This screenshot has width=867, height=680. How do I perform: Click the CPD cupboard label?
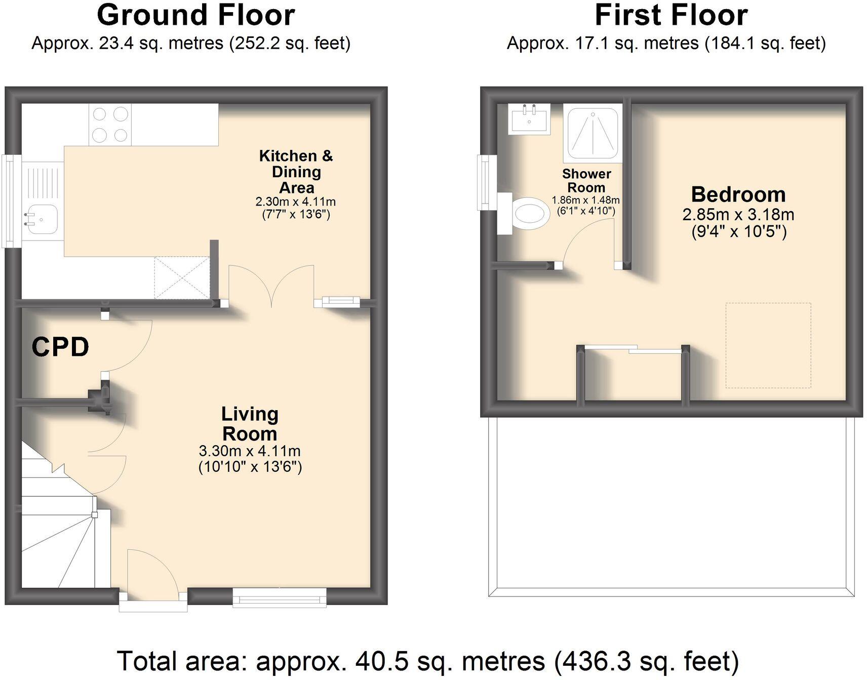coord(60,347)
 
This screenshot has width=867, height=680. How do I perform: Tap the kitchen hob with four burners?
coord(110,125)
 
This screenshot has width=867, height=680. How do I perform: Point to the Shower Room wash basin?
coord(529,119)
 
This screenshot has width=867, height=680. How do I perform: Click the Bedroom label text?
coord(738,194)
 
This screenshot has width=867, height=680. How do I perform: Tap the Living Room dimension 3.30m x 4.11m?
coord(250,450)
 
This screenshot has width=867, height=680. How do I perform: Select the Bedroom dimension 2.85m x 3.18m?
coord(738,215)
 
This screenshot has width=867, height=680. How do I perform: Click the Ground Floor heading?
coord(195,15)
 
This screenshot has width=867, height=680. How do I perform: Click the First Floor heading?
coord(671,15)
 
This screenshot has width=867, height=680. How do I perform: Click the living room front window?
coord(279,597)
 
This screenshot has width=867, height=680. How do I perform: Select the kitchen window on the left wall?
coord(10,201)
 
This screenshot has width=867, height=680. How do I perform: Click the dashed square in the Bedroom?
coord(768,345)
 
